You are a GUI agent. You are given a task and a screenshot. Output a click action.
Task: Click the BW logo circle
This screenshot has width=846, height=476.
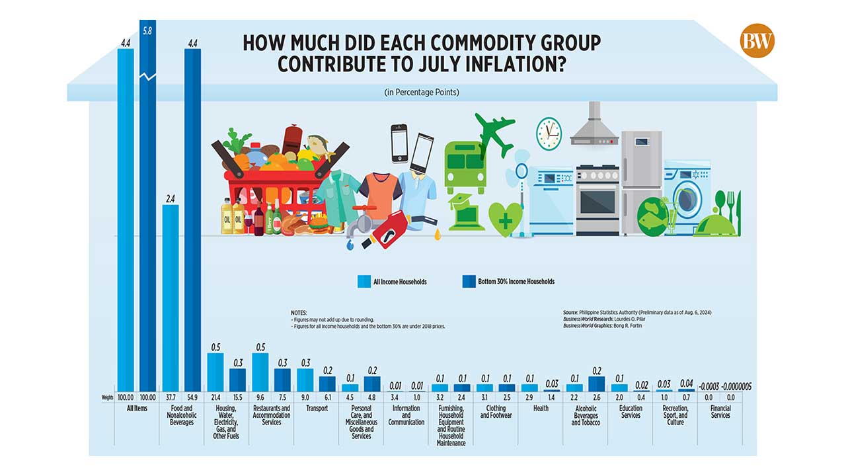pos(757,41)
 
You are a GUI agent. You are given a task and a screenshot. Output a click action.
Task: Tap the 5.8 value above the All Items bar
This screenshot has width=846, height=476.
pos(147,30)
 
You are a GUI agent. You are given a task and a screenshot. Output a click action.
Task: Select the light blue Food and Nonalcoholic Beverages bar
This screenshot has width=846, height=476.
pos(171,297)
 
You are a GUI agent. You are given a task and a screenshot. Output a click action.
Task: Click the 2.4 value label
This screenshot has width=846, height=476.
pos(171,198)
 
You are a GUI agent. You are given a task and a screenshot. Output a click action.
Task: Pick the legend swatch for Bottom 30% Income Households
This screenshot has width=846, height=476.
pos(468,282)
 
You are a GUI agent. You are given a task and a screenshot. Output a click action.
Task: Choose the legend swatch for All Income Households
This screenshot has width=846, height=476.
pos(363,282)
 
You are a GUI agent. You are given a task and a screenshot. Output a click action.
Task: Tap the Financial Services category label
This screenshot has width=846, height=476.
pos(720,412)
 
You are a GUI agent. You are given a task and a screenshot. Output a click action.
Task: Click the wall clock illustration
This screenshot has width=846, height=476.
pos(548,133)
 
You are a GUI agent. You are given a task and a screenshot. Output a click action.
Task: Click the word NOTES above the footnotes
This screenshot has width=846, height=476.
pos(299,312)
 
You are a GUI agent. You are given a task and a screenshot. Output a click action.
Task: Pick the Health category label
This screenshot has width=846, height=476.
pos(541,409)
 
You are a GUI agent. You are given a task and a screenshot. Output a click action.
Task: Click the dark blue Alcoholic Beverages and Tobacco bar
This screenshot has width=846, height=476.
pos(597,383)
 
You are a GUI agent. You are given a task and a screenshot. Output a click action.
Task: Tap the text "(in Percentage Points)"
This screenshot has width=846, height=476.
pos(422,93)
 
